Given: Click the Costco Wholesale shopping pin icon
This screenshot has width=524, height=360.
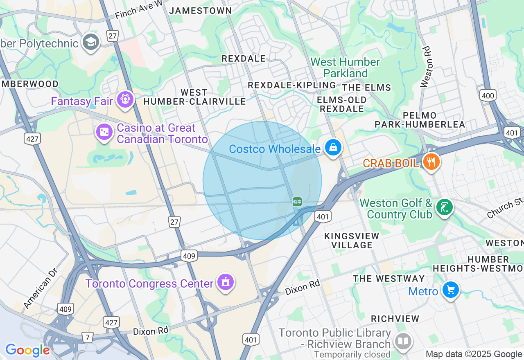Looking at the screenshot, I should point(333,147).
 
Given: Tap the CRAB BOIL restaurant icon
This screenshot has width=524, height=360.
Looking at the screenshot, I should point(431,162).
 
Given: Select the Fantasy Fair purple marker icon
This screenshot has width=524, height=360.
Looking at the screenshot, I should point(125,99).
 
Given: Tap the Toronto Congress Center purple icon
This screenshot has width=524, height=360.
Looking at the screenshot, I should point(225,282).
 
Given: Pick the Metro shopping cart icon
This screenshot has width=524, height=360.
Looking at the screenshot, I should point(451,290).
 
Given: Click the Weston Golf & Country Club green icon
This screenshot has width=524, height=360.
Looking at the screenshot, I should point(445,207).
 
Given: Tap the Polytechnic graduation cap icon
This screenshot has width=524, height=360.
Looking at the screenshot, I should point(91,41).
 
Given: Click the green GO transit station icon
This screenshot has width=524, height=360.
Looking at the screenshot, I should point(297,201).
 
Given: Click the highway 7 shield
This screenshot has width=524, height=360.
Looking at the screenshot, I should point(87,337).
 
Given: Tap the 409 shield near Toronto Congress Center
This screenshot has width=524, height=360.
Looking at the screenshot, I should point(189,256).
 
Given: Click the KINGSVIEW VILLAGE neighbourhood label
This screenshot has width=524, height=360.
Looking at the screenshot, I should point(352,241).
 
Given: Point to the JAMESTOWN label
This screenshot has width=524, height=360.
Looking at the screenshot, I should point(201,11).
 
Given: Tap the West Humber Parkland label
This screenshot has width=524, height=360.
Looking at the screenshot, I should point(345,67).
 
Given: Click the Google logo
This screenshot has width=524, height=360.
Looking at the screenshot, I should point(27,350).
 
